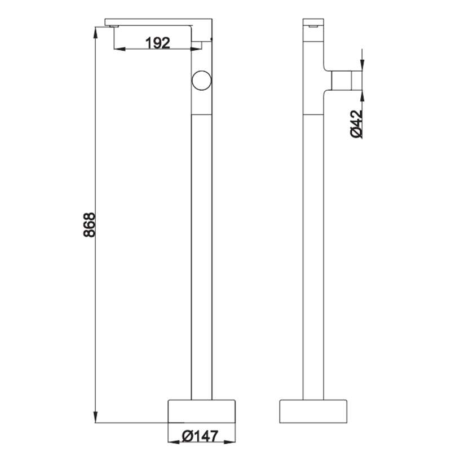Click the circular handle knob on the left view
[x=201, y=81]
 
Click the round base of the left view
[x=201, y=412]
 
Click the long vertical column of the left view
[x=201, y=254]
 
